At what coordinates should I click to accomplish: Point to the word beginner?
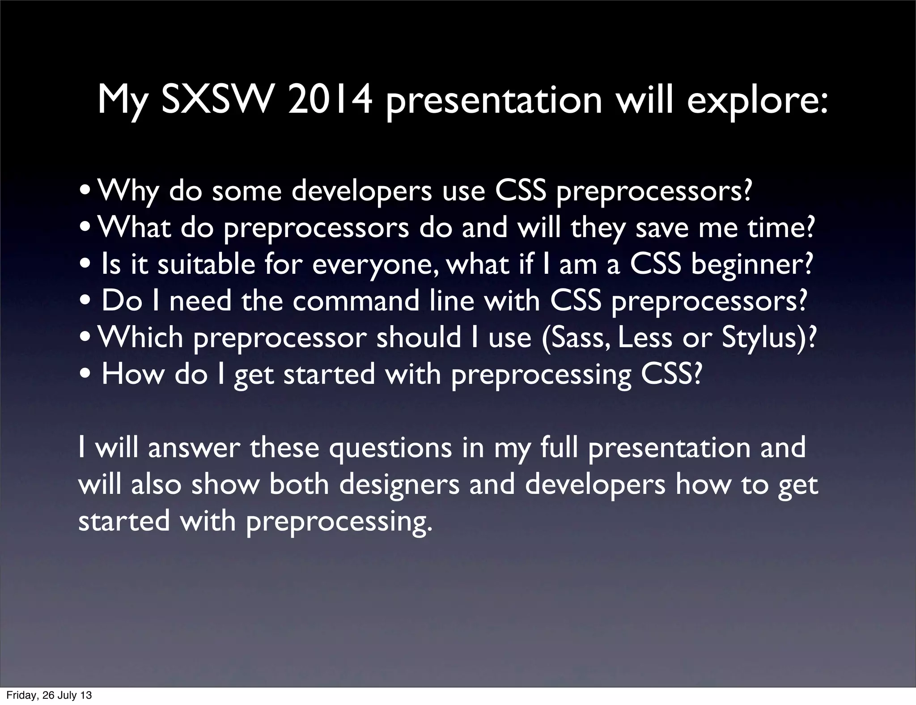point(751,265)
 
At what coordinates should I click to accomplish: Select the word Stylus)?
point(769,338)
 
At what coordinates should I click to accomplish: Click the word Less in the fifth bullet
point(645,337)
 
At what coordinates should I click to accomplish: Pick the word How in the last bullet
point(133,374)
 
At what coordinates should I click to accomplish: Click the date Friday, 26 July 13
point(49,695)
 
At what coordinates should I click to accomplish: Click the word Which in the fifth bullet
point(140,337)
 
